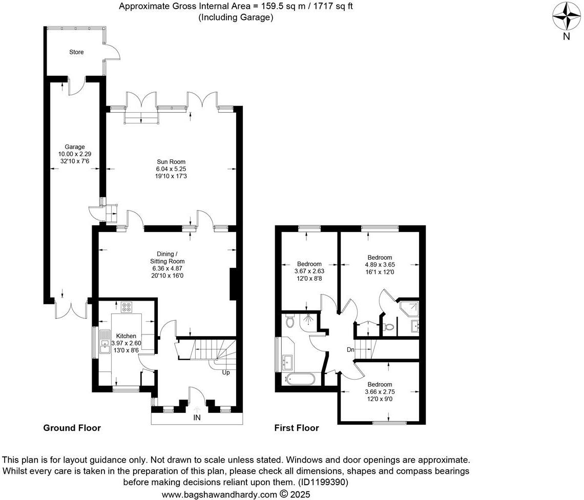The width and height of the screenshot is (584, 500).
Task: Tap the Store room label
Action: click(76, 52)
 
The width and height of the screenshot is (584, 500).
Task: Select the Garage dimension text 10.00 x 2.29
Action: click(74, 154)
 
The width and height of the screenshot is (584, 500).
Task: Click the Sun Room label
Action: click(171, 162)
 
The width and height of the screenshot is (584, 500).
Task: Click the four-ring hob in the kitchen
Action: click(126, 308)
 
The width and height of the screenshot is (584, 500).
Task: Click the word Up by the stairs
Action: click(225, 372)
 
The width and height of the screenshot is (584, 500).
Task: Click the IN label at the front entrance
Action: click(197, 418)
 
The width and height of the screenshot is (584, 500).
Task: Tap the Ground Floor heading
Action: click(72, 428)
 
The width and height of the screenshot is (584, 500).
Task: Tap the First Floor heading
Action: click(297, 428)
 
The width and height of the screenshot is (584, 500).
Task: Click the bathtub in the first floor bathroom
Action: click(298, 380)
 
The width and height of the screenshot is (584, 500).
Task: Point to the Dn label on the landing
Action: click(350, 350)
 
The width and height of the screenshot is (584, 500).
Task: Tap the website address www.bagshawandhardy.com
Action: click(219, 495)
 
